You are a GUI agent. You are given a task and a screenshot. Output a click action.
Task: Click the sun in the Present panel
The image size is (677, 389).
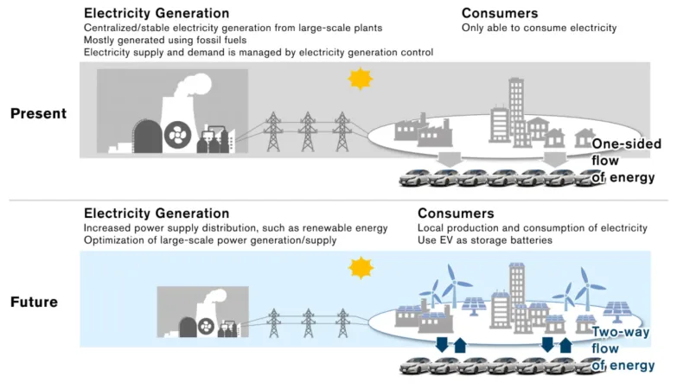(x=360, y=79)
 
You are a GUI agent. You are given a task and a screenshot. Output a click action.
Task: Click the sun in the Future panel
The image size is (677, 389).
(x=361, y=268)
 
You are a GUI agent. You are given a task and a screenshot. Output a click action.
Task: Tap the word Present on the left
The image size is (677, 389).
(x=38, y=113)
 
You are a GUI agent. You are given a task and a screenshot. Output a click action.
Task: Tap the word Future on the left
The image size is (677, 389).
(x=34, y=302)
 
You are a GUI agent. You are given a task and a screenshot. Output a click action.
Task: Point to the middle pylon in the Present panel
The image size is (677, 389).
(x=308, y=131)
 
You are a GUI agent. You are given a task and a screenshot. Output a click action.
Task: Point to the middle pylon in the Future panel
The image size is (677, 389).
(x=309, y=322)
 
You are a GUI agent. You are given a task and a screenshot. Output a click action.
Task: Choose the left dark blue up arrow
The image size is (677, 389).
(x=460, y=345)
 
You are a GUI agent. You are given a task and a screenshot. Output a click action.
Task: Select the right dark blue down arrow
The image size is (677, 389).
(x=547, y=345)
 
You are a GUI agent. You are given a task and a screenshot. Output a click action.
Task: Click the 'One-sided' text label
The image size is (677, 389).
(x=626, y=143)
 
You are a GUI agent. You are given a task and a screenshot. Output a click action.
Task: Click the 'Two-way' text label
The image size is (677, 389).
(x=621, y=332)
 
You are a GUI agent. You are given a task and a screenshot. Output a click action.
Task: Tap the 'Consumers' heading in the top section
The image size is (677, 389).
(x=500, y=13)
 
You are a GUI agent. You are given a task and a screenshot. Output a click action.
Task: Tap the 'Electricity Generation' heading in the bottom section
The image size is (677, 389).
(x=156, y=214)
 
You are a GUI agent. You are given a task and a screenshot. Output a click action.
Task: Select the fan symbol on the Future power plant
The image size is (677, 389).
(x=206, y=327)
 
